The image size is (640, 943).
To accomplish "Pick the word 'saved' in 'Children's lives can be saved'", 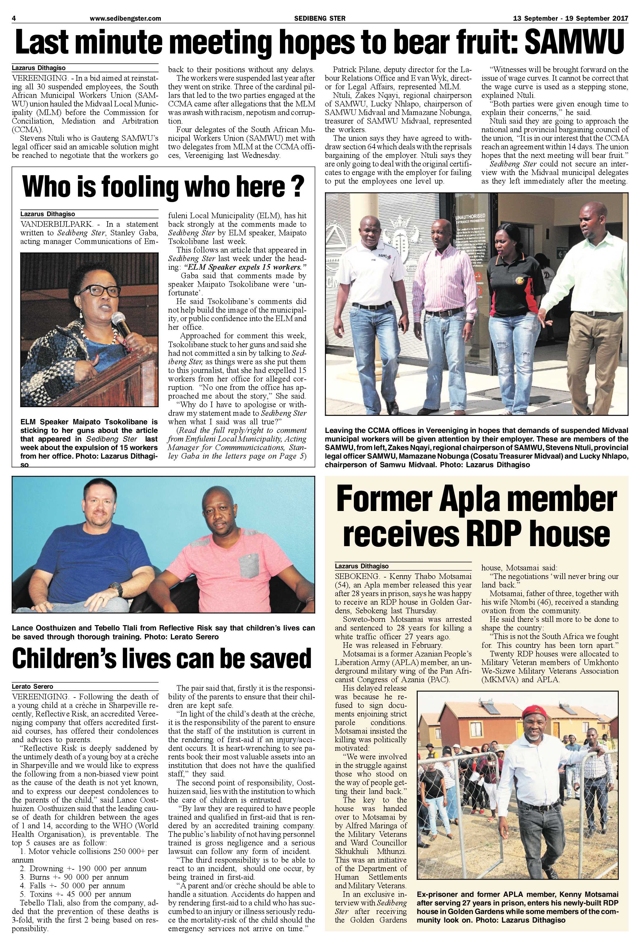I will (280, 659).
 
